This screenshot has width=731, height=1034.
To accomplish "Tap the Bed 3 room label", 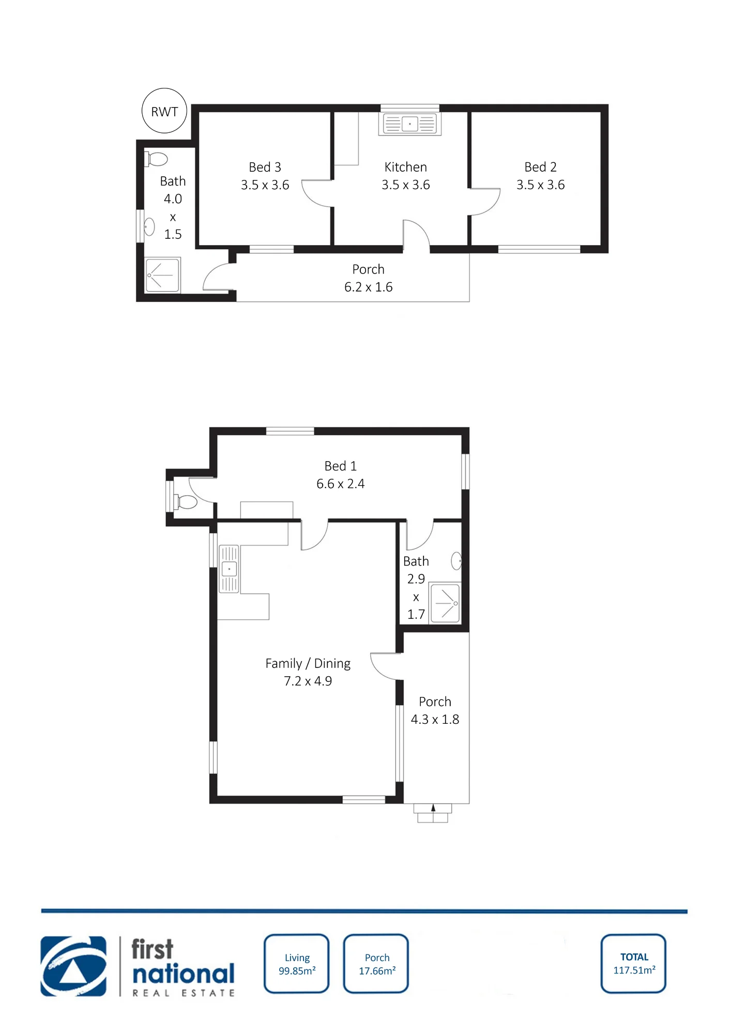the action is tap(265, 167).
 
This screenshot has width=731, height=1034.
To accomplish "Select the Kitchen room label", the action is tap(405, 167).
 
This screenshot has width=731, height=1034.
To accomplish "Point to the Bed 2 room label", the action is tap(540, 167).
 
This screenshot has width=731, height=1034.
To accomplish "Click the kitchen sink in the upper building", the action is tap(410, 124).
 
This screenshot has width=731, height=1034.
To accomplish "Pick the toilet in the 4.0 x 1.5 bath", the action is tap(156, 159).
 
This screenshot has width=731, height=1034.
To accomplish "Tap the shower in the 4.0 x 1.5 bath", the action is tap(163, 275).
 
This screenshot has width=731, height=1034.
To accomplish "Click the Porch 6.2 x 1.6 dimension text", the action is tap(368, 287).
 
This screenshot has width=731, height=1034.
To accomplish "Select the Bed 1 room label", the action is tap(340, 466).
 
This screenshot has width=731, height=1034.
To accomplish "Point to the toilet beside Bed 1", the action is tap(185, 501).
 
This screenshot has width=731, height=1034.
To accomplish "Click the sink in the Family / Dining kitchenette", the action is tap(229, 569).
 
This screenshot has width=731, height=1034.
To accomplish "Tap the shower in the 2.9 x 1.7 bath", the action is tap(445, 603).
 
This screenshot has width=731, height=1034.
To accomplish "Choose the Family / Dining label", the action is tap(308, 663).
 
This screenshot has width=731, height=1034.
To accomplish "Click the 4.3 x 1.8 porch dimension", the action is tap(435, 719).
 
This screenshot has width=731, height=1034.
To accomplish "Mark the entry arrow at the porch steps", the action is tap(433, 808).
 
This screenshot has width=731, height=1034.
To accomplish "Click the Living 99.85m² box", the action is tap(297, 964).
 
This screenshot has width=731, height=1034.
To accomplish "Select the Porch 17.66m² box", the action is tap(376, 964).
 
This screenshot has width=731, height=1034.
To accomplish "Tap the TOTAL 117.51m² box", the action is tap(634, 964).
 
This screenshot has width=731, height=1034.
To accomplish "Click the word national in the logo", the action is tap(184, 974).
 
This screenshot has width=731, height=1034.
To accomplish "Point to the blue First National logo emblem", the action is tap(73, 966).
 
